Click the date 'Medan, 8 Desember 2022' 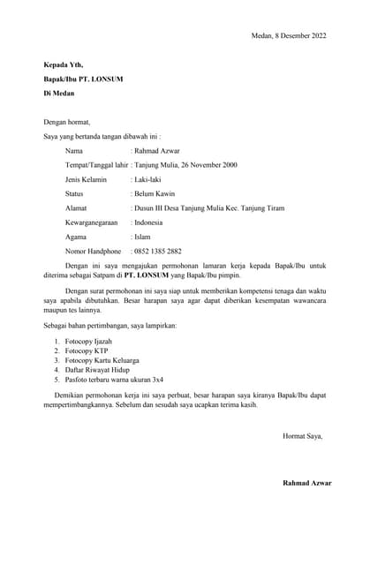[288, 35]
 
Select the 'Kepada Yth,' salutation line [64, 64]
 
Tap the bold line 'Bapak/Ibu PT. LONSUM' [83, 79]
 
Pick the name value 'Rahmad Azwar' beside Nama [157, 151]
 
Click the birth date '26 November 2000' [204, 165]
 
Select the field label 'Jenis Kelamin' [86, 179]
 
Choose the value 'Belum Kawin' [153, 193]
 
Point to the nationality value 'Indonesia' [148, 222]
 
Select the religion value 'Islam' [141, 237]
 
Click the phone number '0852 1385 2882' [158, 251]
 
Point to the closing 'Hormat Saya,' [302, 436]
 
